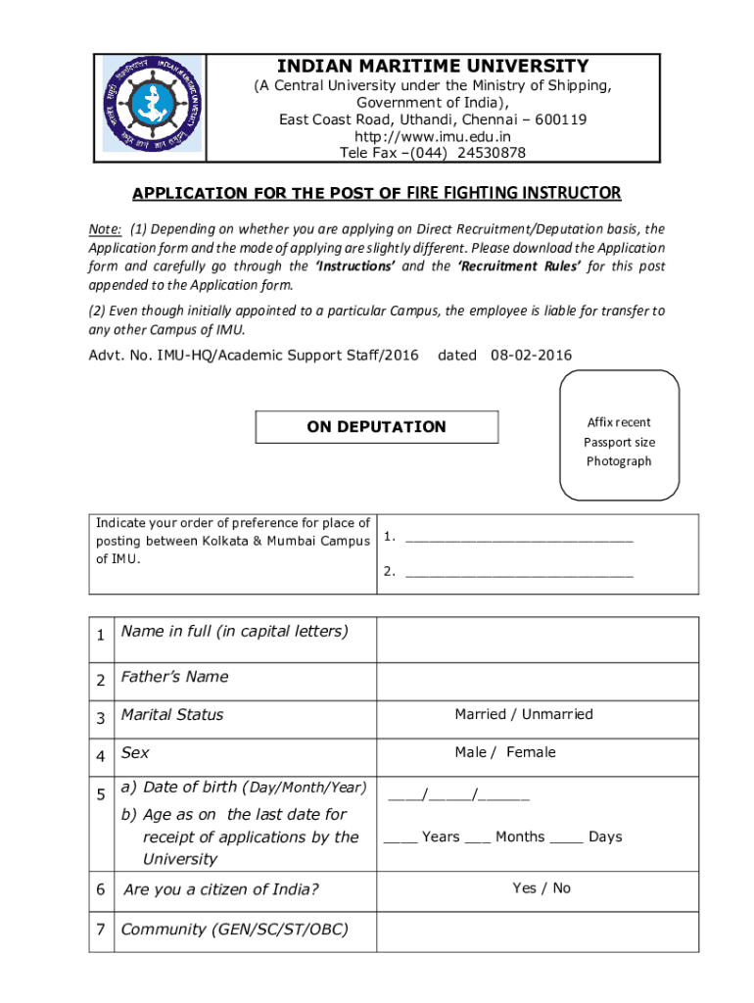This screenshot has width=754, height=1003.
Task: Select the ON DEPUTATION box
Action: click(x=377, y=427)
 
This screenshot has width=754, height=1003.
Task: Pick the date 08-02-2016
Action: click(x=532, y=356)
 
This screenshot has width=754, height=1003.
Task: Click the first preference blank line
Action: click(x=519, y=537)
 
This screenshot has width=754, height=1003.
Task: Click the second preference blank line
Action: click(x=519, y=572)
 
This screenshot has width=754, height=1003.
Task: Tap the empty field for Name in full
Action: click(x=538, y=640)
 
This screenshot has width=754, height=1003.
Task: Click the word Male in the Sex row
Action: click(x=471, y=752)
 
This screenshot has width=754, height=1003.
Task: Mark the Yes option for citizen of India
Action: click(x=524, y=888)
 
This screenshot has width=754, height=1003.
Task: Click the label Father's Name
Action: click(x=174, y=677)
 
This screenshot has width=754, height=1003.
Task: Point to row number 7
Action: click(x=101, y=930)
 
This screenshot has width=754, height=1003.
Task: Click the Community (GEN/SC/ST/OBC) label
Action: click(x=234, y=930)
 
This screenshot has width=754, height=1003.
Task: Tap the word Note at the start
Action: click(x=105, y=229)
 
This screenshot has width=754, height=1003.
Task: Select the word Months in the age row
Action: click(x=520, y=837)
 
